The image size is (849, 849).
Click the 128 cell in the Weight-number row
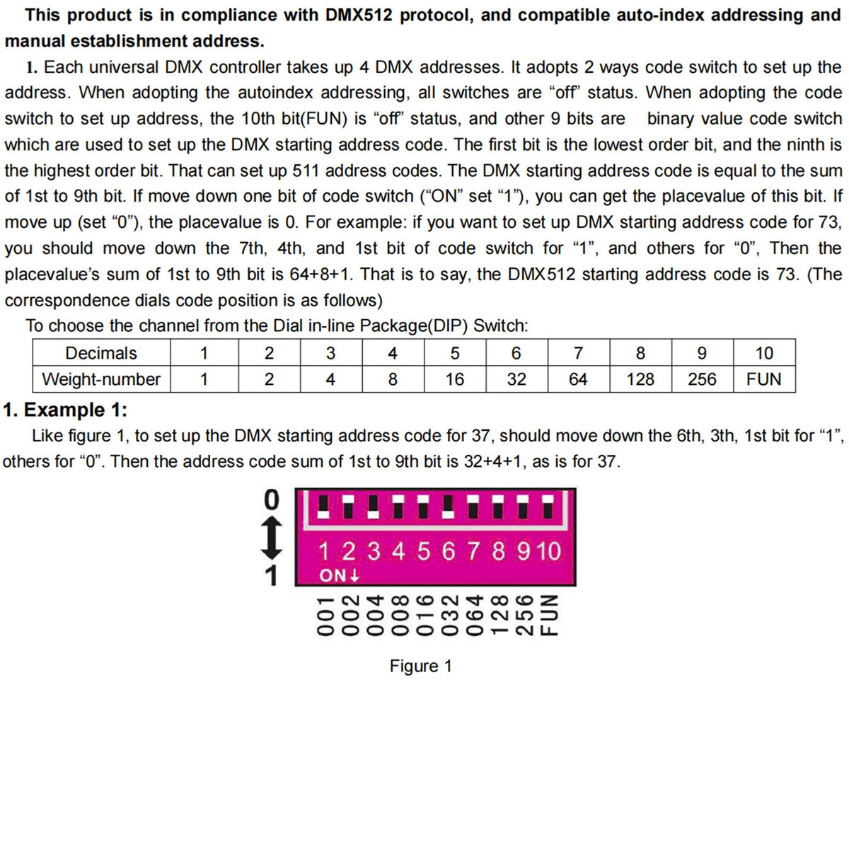click(x=640, y=379)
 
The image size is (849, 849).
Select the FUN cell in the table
click(x=763, y=379)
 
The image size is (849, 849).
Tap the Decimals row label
click(x=101, y=353)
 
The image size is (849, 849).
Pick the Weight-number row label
click(x=101, y=379)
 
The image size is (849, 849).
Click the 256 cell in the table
click(x=702, y=379)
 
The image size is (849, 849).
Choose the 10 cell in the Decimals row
click(x=763, y=353)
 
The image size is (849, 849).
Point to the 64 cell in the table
click(x=578, y=379)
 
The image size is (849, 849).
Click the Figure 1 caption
click(x=420, y=666)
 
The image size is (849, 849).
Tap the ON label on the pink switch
click(x=334, y=575)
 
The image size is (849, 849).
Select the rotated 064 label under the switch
click(x=473, y=615)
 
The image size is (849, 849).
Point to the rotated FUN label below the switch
click(x=549, y=615)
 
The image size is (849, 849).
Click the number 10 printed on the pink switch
click(x=548, y=550)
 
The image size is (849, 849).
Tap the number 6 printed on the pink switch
click(x=449, y=550)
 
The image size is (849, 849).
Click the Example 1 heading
click(x=65, y=410)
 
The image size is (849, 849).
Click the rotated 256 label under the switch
click(x=524, y=615)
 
